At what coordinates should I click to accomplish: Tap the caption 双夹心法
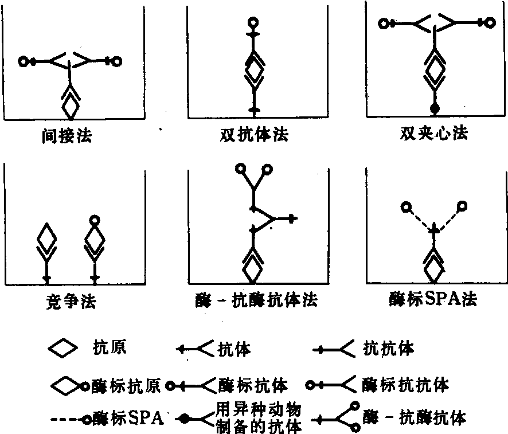434,134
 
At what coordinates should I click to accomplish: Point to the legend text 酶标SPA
128,417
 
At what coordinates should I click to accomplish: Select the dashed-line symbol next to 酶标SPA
68,419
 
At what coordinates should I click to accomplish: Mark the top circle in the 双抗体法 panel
253,24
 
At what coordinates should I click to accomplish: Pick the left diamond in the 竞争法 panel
48,237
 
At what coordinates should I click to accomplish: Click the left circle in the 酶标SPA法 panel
406,206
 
